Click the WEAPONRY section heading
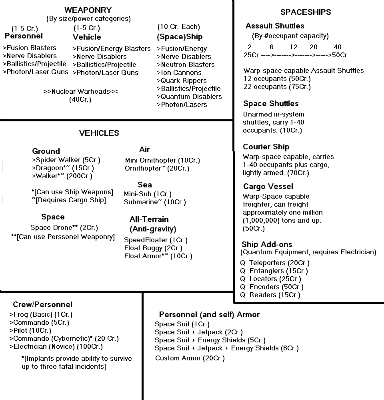pos(88,10)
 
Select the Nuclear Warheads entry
pos(80,91)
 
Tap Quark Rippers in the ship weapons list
pos(184,80)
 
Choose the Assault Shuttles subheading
pos(275,26)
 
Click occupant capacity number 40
pos(337,47)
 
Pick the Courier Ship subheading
pos(266,147)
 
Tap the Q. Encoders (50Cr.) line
pos(272,287)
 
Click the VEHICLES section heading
pos(99,133)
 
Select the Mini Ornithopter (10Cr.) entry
pos(162,160)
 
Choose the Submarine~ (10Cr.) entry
pos(155,202)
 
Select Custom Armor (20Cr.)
pos(190,358)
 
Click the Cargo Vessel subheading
pos(268,186)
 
